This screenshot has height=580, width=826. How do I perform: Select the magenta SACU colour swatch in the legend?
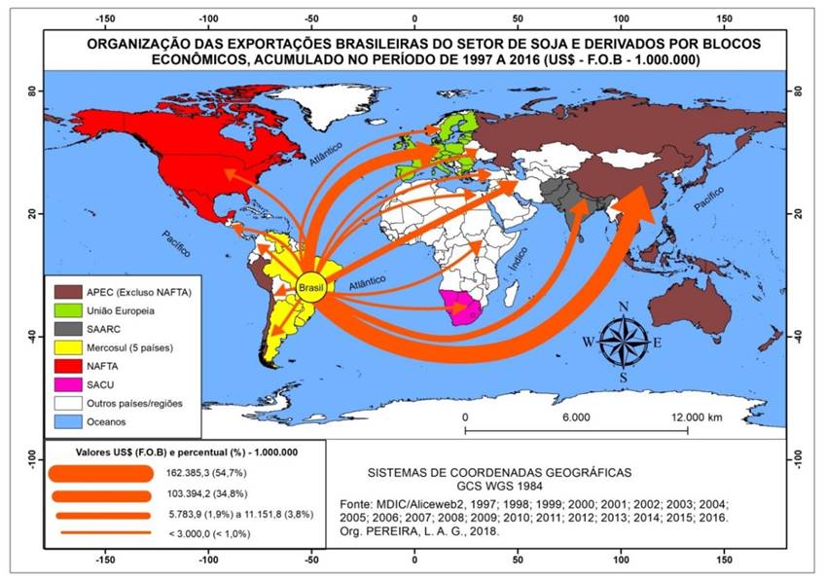68,383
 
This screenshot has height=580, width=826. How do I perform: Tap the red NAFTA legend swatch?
68,365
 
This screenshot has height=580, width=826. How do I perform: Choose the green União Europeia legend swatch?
68,309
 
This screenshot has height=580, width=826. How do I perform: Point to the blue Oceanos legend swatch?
68,420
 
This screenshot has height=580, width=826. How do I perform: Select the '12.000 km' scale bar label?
695,417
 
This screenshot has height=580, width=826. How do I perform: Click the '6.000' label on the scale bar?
576,417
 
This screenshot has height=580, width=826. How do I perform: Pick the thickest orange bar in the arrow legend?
102,474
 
